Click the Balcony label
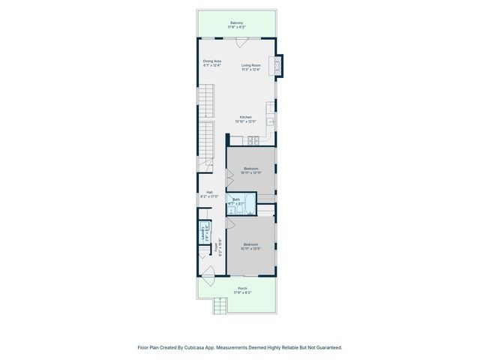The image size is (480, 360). [236, 22]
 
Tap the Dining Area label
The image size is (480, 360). [212, 61]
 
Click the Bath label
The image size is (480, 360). [236, 199]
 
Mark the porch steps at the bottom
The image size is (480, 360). [219, 306]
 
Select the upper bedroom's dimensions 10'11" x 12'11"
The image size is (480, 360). [251, 173]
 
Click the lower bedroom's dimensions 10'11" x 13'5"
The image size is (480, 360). [250, 248]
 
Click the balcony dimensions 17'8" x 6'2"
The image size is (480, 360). [236, 27]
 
